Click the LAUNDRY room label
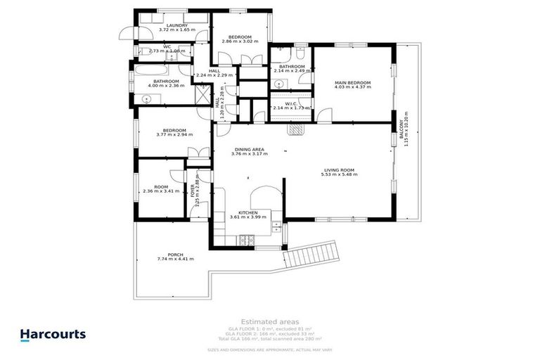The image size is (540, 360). [x=172, y=25]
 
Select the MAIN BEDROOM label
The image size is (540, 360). [x=352, y=83]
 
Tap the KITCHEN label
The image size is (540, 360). [x=248, y=212]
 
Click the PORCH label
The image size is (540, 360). [x=175, y=255]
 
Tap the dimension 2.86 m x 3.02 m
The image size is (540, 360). [x=239, y=41]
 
